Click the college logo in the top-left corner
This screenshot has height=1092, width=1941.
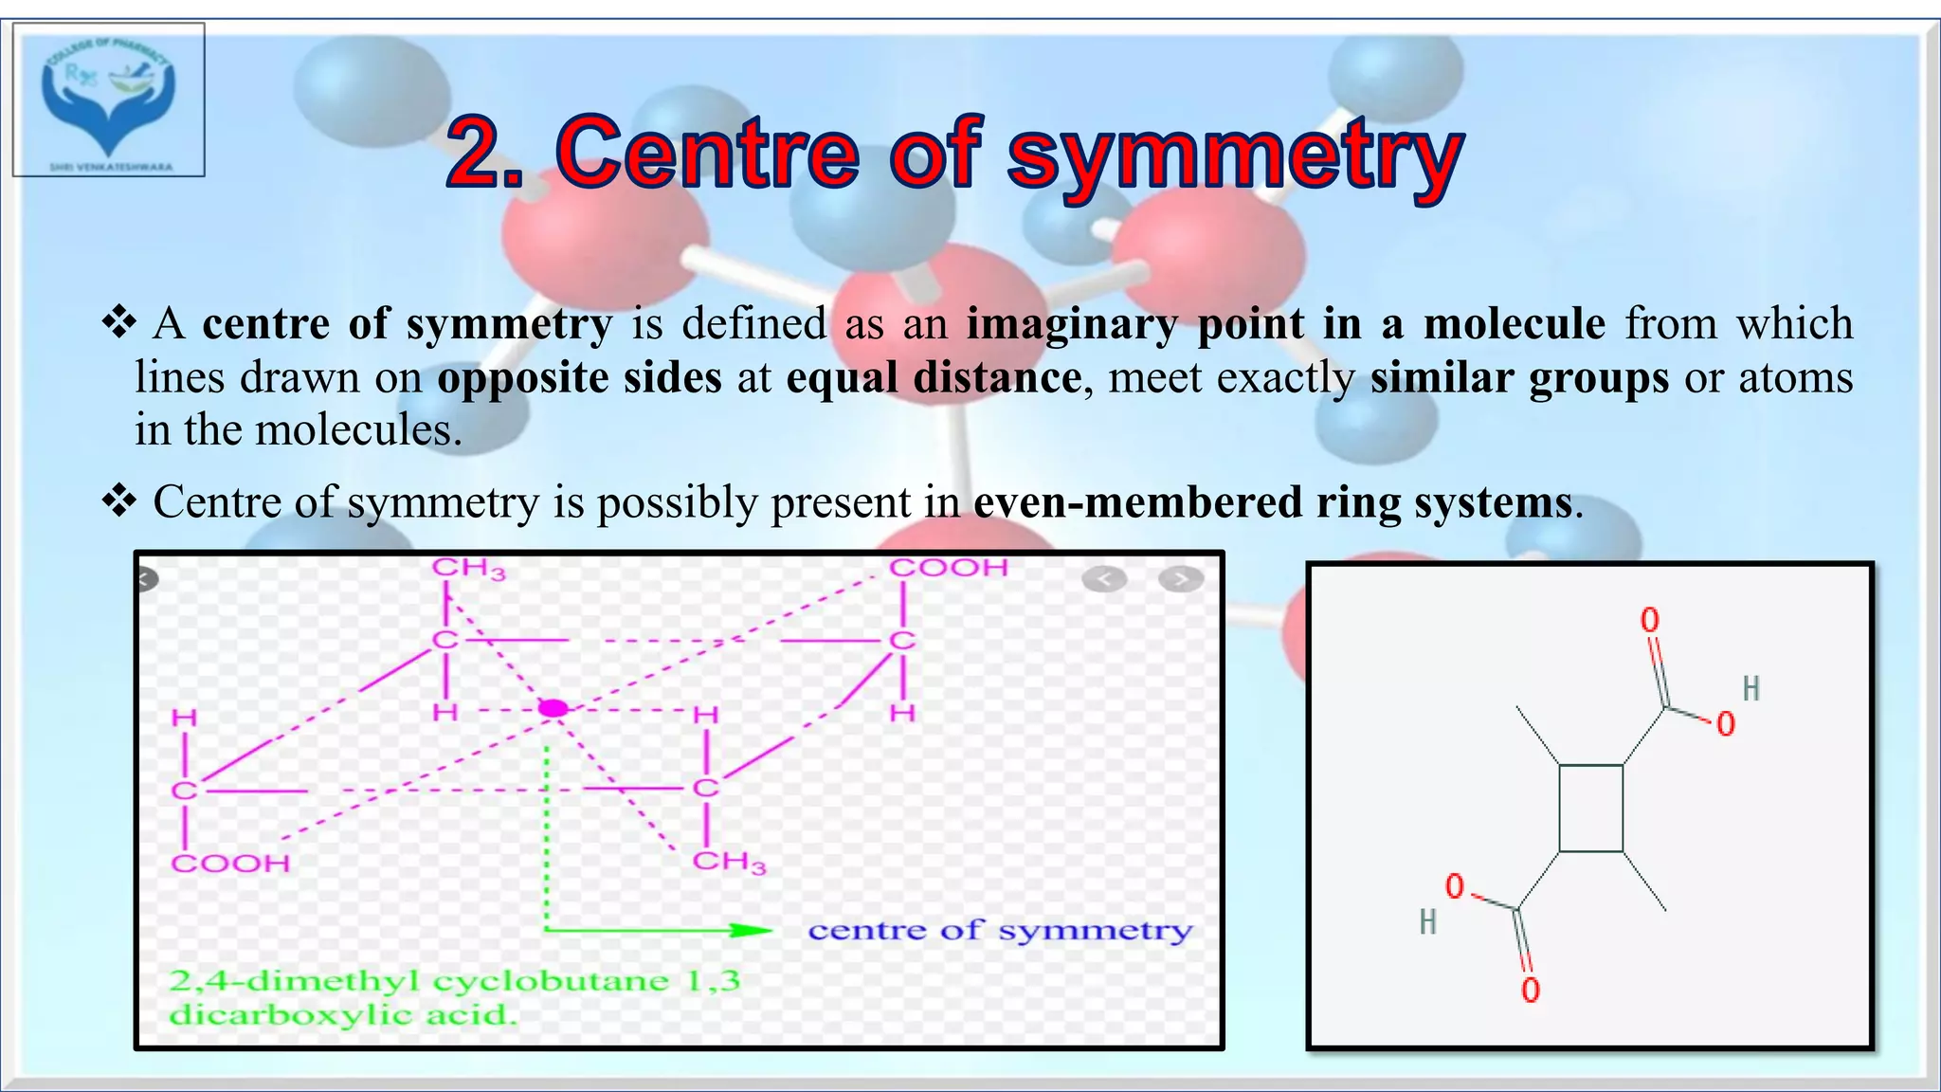click(x=109, y=100)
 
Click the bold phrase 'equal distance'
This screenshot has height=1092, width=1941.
click(x=934, y=378)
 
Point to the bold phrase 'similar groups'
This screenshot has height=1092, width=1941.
click(x=1519, y=378)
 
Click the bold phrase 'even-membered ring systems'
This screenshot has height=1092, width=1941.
click(x=1273, y=502)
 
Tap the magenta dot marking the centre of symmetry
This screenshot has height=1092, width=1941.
click(x=553, y=708)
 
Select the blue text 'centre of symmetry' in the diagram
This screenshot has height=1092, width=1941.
click(x=1000, y=931)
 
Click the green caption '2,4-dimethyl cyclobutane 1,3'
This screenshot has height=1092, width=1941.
click(x=454, y=980)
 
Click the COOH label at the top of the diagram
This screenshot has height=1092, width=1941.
click(x=948, y=568)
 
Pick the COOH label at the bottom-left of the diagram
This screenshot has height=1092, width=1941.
click(x=230, y=864)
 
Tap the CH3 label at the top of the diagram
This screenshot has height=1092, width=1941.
click(x=468, y=569)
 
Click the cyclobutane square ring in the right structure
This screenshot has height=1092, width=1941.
click(x=1590, y=809)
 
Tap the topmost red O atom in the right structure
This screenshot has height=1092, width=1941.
click(x=1650, y=621)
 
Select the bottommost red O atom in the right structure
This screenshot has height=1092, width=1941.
click(x=1531, y=991)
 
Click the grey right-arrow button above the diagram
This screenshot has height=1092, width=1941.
click(x=1180, y=579)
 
